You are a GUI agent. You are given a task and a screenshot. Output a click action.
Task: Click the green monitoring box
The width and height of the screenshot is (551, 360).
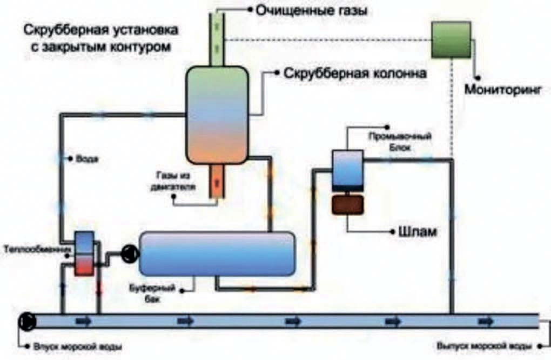pyautogui.click(x=451, y=39)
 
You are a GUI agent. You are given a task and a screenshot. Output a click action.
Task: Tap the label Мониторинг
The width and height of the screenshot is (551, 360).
pyautogui.click(x=503, y=89)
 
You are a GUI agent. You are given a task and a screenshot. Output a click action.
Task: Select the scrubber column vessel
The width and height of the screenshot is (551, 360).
pyautogui.click(x=217, y=115)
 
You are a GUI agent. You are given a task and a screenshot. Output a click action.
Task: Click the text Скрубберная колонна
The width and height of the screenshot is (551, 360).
pyautogui.click(x=355, y=73)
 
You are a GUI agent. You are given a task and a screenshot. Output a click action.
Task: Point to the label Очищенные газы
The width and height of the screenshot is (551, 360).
pyautogui.click(x=311, y=11)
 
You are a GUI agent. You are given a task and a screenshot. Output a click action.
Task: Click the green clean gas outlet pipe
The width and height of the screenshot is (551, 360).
pyautogui.click(x=217, y=39)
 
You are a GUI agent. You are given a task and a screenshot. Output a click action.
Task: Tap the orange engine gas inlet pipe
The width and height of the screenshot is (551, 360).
pyautogui.click(x=217, y=182)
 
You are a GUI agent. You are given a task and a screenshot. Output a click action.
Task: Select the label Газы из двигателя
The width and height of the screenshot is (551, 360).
pyautogui.click(x=173, y=181)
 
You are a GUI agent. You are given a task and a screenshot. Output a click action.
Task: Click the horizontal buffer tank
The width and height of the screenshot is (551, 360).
pyautogui.click(x=217, y=253)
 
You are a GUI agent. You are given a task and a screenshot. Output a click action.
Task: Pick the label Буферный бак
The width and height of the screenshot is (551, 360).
pyautogui.click(x=152, y=294)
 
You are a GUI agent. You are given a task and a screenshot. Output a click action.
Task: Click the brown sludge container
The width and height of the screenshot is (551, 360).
pyautogui.click(x=347, y=205)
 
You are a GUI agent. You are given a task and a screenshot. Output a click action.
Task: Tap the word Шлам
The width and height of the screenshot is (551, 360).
pyautogui.click(x=418, y=232)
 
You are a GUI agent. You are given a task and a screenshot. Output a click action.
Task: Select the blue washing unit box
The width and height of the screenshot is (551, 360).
pyautogui.click(x=347, y=168)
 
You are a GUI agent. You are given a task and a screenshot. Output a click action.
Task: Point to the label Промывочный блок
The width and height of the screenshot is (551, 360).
pyautogui.click(x=400, y=141)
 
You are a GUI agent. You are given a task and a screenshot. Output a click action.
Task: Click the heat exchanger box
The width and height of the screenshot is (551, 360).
pyautogui.click(x=84, y=253)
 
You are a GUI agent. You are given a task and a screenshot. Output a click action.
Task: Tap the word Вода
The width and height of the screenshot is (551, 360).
pyautogui.click(x=87, y=159)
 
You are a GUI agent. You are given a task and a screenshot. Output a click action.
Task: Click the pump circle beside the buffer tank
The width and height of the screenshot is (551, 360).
pyautogui.click(x=130, y=253)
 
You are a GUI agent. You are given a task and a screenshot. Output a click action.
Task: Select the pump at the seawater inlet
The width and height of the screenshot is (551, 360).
pyautogui.click(x=27, y=321)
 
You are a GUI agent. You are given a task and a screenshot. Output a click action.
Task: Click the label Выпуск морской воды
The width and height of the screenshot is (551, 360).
pyautogui.click(x=484, y=346)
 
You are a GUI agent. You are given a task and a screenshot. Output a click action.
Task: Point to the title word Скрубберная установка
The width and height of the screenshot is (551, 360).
pyautogui.click(x=100, y=30)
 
